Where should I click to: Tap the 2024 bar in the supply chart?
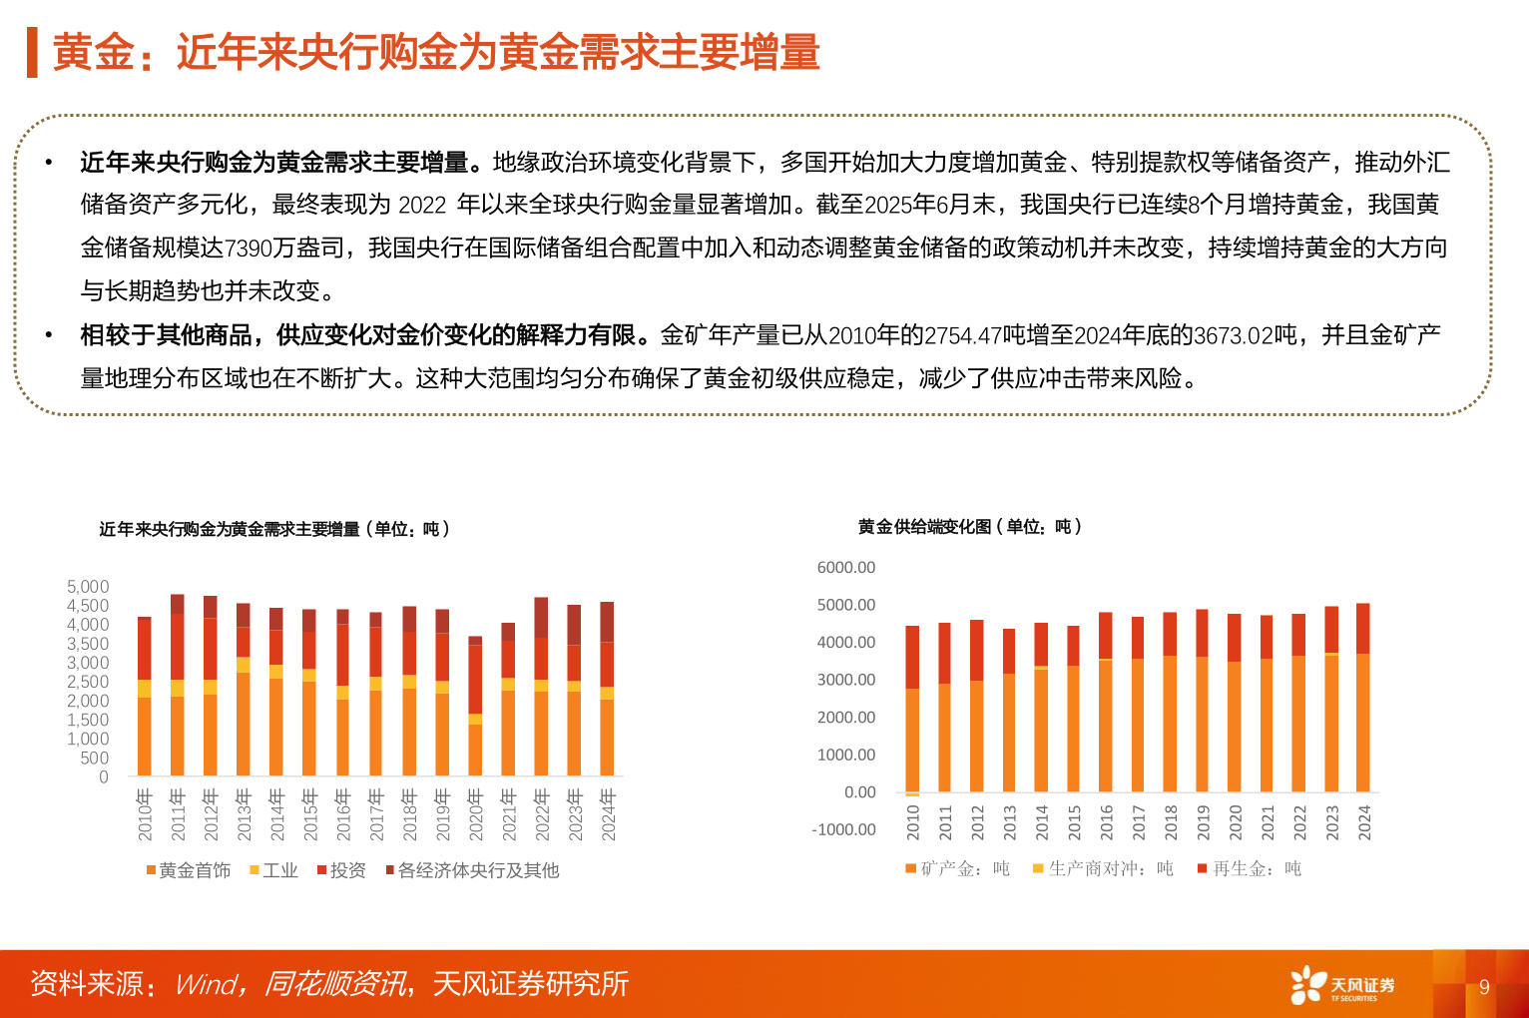tap(1363, 699)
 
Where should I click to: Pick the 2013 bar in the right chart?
tap(1009, 711)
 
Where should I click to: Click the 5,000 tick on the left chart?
tap(88, 587)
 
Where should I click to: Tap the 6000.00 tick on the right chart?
tap(845, 568)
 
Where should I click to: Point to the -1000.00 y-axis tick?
tap(843, 829)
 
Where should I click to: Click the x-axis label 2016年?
tap(343, 814)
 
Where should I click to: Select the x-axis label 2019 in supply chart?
tap(1203, 821)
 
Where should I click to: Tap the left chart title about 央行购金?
tap(274, 529)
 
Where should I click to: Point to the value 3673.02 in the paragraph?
tap(1234, 335)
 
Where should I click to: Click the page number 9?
tap(1484, 987)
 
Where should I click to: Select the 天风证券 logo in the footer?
tap(1342, 985)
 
